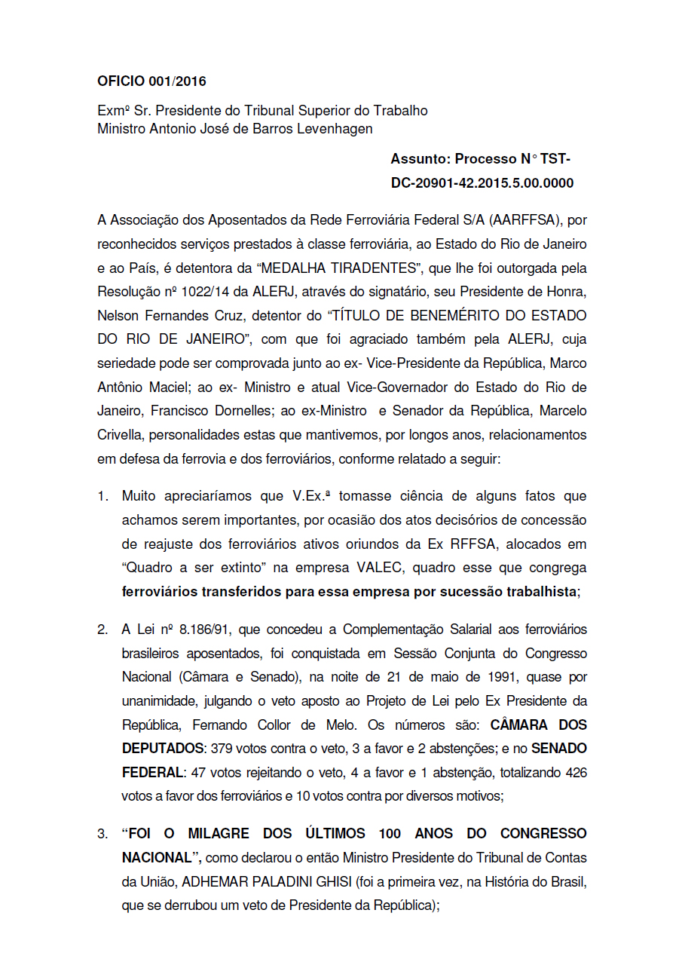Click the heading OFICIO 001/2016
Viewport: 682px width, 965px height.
pyautogui.click(x=151, y=81)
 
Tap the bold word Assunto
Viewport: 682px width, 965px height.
pyautogui.click(x=419, y=159)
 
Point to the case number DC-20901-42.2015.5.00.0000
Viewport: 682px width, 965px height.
pyautogui.click(x=482, y=183)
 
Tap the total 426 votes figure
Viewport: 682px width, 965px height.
pyautogui.click(x=575, y=773)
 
